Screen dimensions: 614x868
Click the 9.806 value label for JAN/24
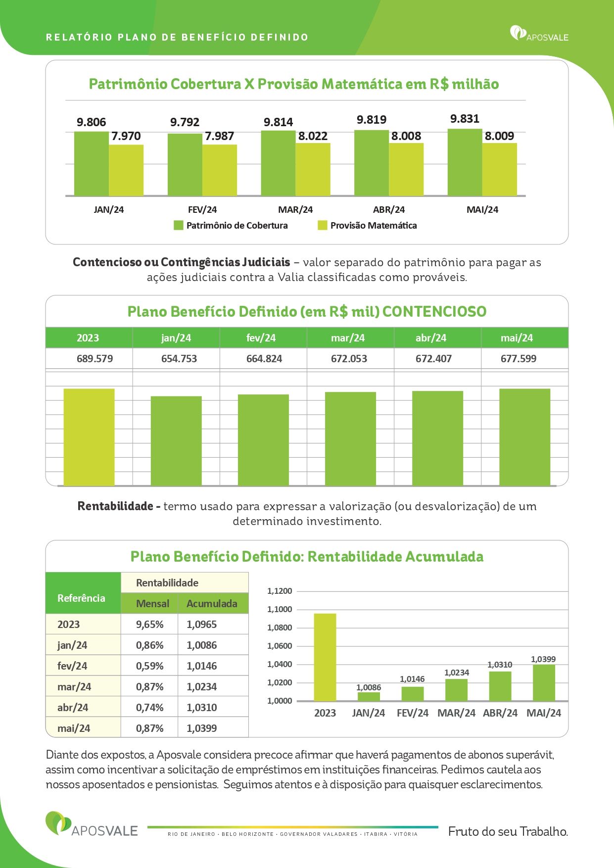pyautogui.click(x=91, y=122)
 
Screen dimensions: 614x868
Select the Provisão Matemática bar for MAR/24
pyautogui.click(x=313, y=169)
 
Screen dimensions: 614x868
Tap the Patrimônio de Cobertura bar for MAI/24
pyautogui.click(x=465, y=162)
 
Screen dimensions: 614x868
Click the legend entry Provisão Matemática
pyautogui.click(x=367, y=226)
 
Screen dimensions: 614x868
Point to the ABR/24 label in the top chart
pyautogui.click(x=389, y=210)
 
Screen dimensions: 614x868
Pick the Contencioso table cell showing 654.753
pyautogui.click(x=179, y=359)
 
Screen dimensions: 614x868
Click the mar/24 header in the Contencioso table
pyautogui.click(x=348, y=338)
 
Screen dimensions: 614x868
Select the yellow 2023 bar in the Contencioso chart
pyautogui.click(x=89, y=437)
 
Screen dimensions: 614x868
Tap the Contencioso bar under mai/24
pyautogui.click(x=524, y=437)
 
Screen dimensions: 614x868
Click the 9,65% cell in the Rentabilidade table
pyautogui.click(x=149, y=625)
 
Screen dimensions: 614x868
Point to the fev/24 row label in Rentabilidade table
pyautogui.click(x=72, y=666)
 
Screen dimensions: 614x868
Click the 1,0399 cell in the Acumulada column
pyautogui.click(x=202, y=728)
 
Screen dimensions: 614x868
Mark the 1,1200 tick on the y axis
pyautogui.click(x=280, y=591)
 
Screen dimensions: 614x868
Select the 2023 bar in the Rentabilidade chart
pyautogui.click(x=325, y=657)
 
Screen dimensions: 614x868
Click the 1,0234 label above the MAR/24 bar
pyautogui.click(x=456, y=673)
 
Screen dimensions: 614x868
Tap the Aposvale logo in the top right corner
pyautogui.click(x=539, y=34)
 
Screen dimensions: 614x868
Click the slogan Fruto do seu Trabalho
pyautogui.click(x=508, y=831)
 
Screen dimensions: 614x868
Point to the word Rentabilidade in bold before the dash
pyautogui.click(x=115, y=506)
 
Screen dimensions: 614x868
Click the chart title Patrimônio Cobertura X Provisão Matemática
pyautogui.click(x=245, y=84)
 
